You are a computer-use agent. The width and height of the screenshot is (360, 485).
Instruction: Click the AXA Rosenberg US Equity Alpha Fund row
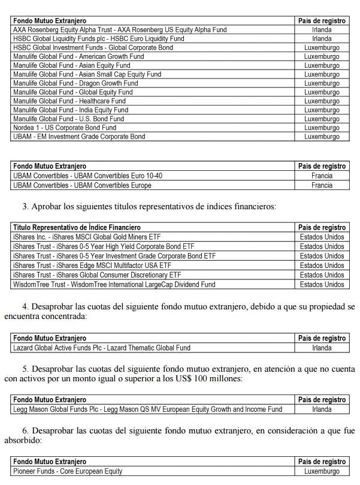(x=120, y=29)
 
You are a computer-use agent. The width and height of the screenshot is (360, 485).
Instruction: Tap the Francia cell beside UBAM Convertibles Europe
(x=322, y=185)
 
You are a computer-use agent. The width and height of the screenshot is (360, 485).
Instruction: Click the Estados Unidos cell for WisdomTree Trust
(x=322, y=284)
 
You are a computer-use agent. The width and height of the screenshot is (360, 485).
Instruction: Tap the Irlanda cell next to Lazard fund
(x=322, y=348)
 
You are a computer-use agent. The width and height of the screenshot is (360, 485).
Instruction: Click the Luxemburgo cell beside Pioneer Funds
(x=322, y=471)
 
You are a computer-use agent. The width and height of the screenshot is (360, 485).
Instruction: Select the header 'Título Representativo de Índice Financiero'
(x=77, y=228)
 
